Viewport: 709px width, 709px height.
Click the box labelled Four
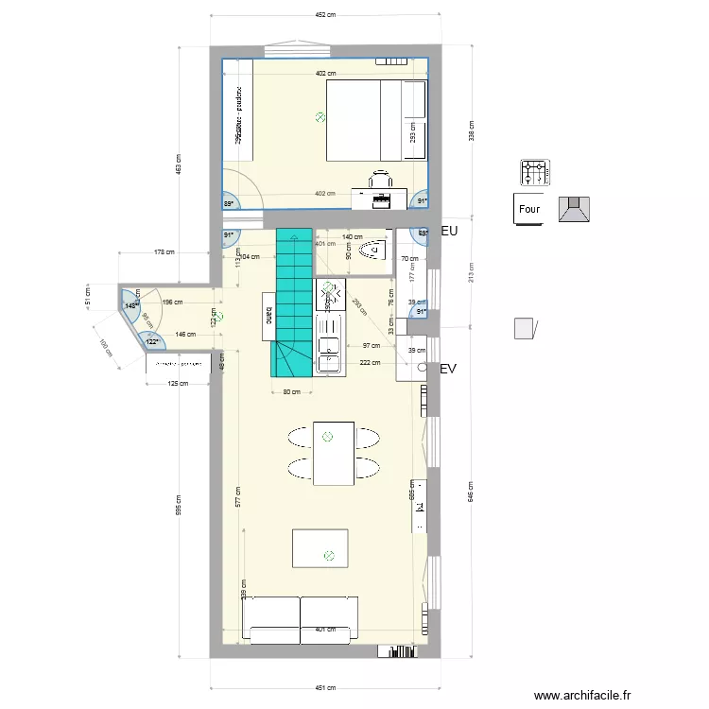(528, 209)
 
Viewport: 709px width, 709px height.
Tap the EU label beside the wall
(449, 231)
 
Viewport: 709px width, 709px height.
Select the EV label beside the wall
(448, 371)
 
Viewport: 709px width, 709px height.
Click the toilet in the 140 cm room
(375, 250)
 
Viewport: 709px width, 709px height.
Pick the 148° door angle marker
(130, 305)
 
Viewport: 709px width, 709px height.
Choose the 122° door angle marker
(152, 342)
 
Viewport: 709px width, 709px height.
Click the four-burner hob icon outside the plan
(534, 173)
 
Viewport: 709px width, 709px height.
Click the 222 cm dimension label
(370, 362)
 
